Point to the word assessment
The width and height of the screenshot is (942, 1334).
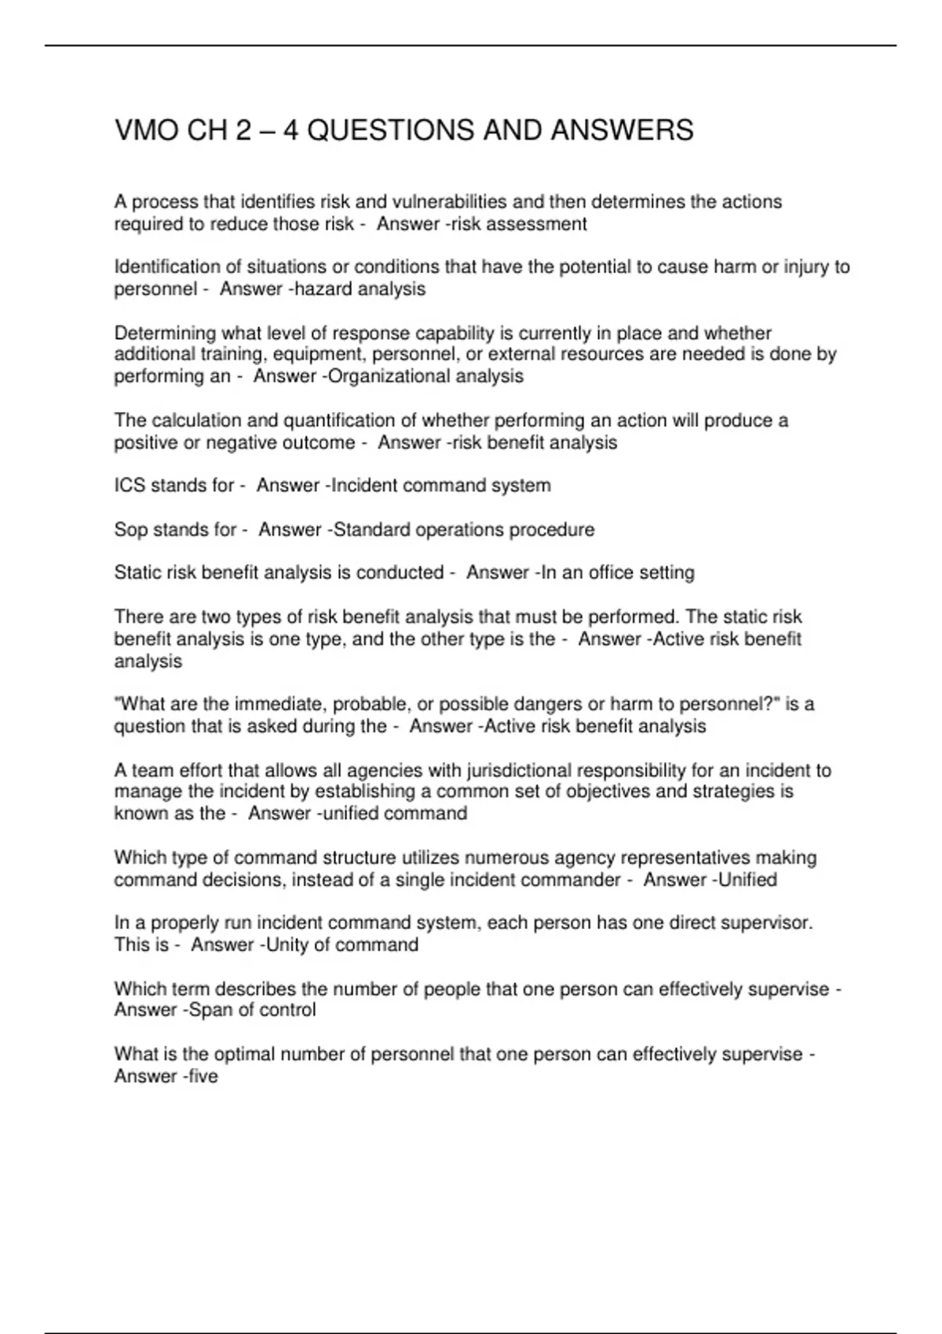click(x=537, y=224)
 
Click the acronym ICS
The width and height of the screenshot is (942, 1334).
click(x=130, y=486)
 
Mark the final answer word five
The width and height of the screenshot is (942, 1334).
click(x=203, y=1077)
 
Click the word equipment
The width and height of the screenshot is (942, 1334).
click(x=314, y=355)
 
